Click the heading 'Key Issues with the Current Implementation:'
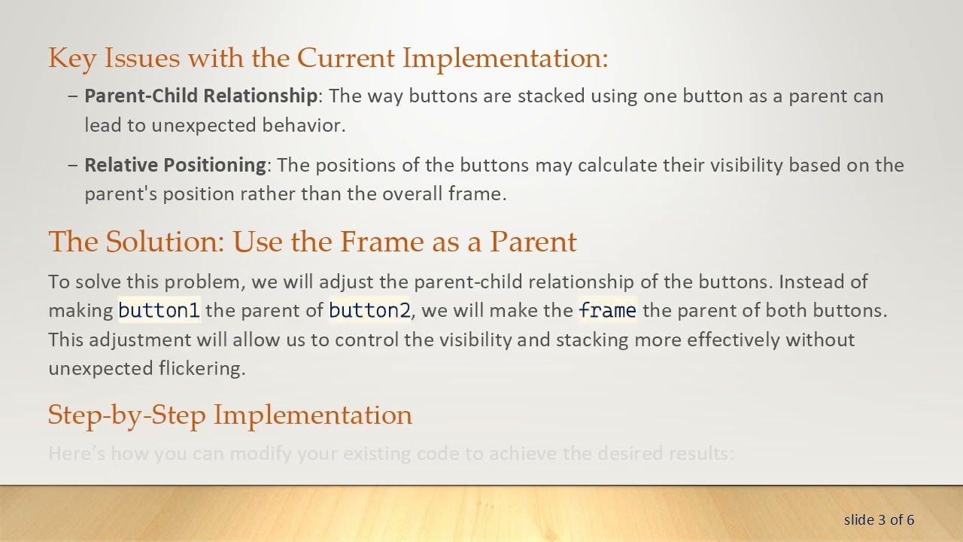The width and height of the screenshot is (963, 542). tap(328, 58)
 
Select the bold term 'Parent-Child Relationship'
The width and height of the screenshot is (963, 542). tap(200, 96)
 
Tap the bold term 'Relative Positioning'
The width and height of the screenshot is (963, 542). tap(175, 166)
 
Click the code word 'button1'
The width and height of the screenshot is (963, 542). tap(159, 310)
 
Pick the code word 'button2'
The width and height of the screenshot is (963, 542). tap(369, 310)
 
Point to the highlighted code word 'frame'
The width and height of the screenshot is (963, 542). tap(607, 310)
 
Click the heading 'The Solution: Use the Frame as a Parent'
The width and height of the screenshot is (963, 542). tap(312, 242)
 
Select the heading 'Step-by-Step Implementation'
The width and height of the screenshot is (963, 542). tap(229, 415)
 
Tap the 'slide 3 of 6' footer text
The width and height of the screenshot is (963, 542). tap(879, 519)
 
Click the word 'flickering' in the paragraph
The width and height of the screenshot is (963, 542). tap(202, 368)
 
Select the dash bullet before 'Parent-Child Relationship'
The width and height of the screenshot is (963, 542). tap(73, 96)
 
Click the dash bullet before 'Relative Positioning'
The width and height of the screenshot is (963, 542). tap(73, 166)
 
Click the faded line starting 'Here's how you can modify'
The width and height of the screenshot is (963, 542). tap(390, 453)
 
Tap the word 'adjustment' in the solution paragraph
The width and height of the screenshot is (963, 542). tap(140, 340)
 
